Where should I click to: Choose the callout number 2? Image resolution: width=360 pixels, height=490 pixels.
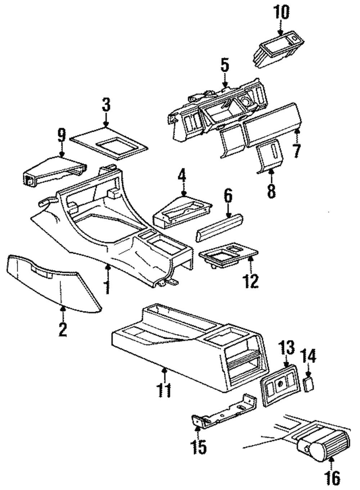[63, 329]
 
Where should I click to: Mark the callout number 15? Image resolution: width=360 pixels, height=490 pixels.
[198, 447]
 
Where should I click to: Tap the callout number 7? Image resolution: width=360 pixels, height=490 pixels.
[296, 150]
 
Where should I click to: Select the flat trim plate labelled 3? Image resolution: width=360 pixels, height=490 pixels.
[108, 142]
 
